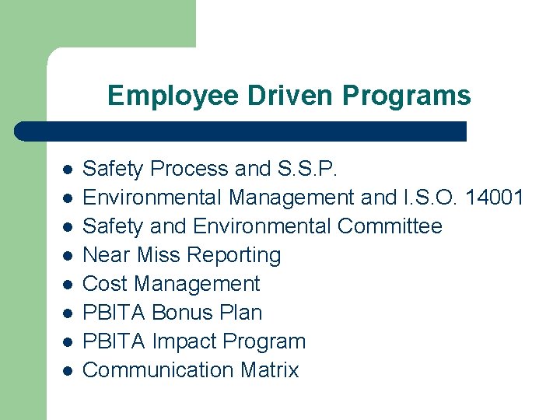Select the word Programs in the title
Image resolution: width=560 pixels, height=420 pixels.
point(406,96)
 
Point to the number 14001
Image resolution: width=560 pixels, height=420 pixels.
point(494,198)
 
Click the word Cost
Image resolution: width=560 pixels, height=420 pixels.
point(105,284)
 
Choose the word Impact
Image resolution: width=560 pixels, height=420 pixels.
point(184,341)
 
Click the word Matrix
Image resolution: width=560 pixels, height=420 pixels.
point(268,370)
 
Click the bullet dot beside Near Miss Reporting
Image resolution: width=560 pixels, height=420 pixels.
point(68,256)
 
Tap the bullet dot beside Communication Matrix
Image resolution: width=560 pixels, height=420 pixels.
point(68,371)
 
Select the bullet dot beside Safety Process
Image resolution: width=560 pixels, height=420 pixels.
point(68,170)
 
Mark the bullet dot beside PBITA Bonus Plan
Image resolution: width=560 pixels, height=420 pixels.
point(68,313)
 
